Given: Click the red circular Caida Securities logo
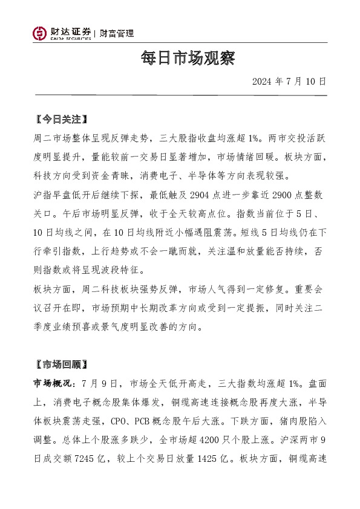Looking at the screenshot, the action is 39,34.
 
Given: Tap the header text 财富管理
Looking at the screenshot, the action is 117,33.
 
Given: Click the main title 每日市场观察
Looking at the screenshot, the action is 179,59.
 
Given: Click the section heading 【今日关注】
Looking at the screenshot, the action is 61,119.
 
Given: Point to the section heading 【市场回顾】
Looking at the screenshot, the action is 61,365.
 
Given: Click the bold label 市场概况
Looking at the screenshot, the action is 52,383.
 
